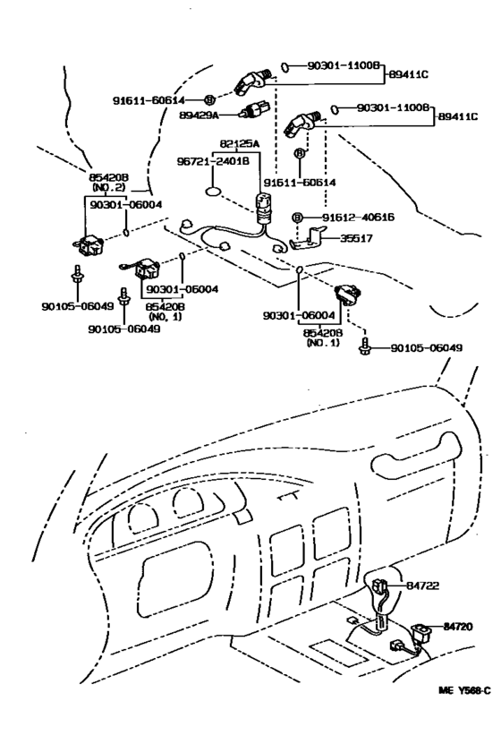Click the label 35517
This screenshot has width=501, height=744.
pos(355,239)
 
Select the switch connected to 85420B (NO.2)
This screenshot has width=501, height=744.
pos(92,244)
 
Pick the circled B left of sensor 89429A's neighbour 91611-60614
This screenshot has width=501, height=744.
pos(209,98)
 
